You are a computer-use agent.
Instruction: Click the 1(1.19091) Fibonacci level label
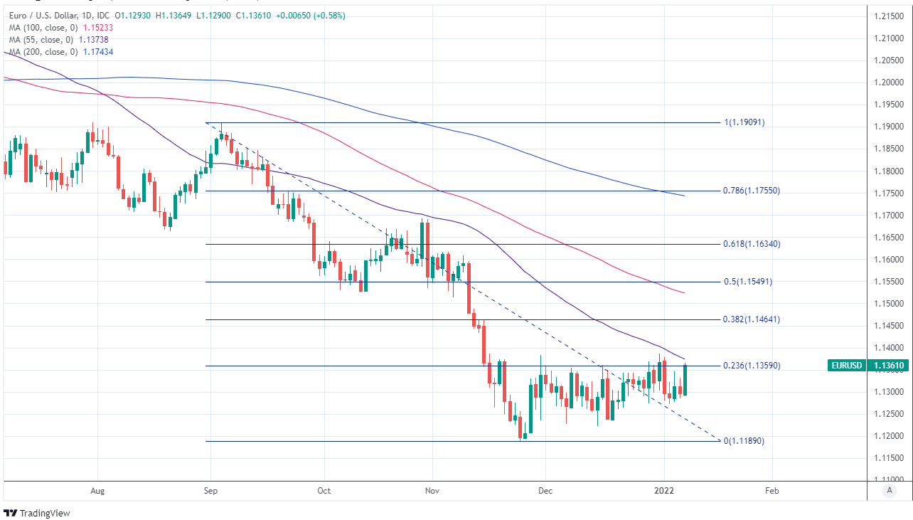(x=744, y=122)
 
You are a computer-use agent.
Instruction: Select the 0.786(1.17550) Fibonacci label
(x=751, y=191)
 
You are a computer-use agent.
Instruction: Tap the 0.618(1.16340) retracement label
(x=751, y=244)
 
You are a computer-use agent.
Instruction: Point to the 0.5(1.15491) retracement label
(x=747, y=282)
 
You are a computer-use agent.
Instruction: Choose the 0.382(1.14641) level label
(x=751, y=319)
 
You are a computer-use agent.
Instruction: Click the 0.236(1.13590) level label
(x=751, y=366)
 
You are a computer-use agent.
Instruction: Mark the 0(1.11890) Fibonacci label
(x=744, y=441)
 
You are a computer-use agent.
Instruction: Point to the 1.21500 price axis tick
(x=889, y=16)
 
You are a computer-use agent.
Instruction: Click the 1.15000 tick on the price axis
(x=889, y=304)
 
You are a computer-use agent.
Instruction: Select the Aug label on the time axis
(x=98, y=490)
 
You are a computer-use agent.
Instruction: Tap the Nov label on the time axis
(x=429, y=490)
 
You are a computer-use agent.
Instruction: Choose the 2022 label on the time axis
(x=664, y=490)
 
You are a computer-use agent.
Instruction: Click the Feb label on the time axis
(x=770, y=490)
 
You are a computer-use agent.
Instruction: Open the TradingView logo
(x=37, y=513)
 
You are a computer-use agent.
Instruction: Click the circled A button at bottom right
(x=888, y=490)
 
